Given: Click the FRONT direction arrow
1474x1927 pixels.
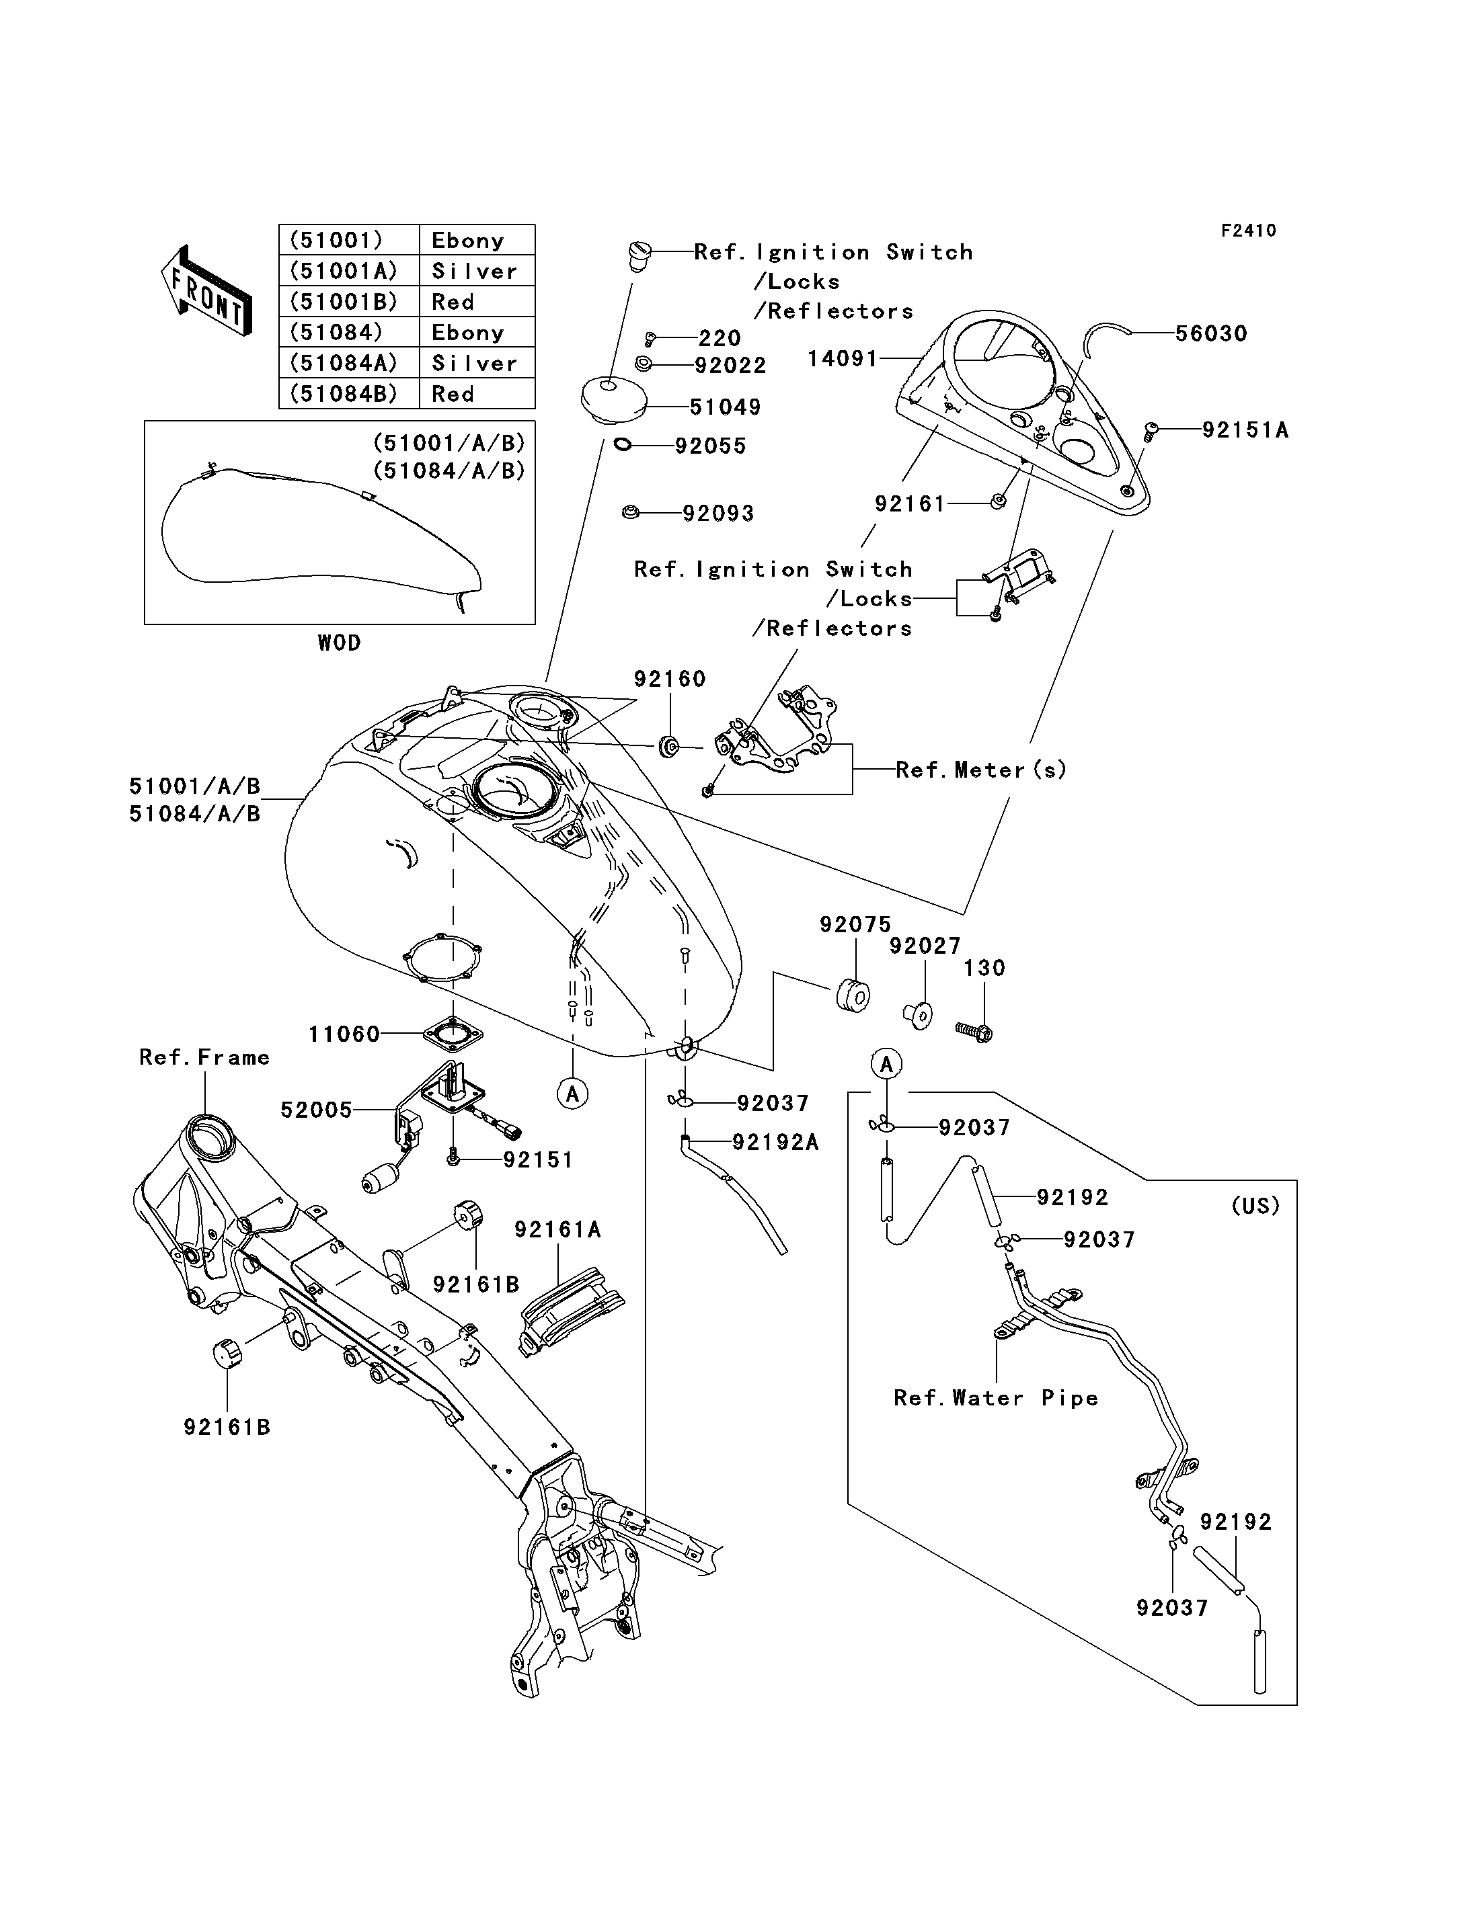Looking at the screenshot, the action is point(207,290).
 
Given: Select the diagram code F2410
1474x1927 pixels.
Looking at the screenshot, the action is point(1249,231).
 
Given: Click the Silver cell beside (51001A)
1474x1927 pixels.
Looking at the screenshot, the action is point(475,271).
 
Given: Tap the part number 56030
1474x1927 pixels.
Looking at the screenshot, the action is point(1211,333).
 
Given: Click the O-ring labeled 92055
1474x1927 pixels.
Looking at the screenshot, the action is point(623,446).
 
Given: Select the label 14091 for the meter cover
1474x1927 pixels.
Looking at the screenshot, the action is point(843,359).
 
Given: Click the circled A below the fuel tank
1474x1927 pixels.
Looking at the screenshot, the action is point(572,1094).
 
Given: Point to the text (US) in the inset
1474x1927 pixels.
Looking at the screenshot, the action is point(1255,1206).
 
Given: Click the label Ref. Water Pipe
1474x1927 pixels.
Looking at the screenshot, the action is point(996,1398).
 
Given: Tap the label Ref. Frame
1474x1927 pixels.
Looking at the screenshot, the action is point(204,1057).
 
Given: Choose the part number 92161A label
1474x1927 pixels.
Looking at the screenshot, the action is point(558,1231).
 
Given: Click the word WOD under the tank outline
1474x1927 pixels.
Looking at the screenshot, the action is point(340,643).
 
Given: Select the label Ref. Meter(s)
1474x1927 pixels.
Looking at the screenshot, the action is point(981,770).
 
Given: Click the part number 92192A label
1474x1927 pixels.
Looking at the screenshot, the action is point(775,1142).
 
